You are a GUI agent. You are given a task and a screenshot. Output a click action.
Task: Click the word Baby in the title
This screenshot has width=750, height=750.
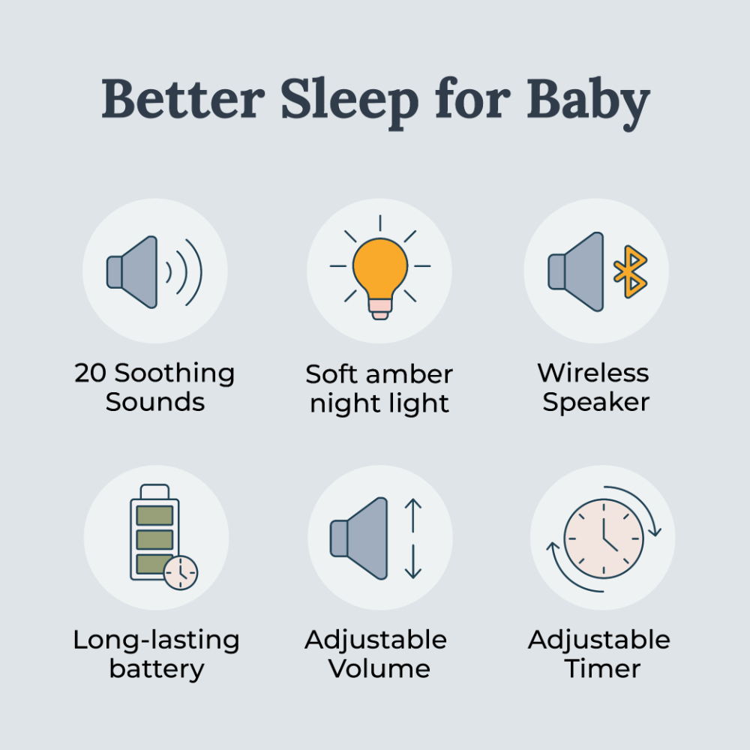588,100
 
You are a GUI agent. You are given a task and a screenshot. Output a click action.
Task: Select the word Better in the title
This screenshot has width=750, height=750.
183,100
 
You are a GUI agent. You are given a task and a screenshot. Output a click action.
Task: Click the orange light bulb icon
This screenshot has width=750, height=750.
380,270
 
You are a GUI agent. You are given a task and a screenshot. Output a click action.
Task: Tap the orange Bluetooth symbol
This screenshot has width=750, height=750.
630,271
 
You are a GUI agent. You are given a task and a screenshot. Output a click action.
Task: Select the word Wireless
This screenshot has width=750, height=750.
593,372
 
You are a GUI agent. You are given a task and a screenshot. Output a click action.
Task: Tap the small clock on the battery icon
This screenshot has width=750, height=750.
181,573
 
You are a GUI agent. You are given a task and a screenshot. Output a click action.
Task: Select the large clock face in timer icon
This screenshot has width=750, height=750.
604,539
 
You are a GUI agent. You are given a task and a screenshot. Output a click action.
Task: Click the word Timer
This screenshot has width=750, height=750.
603,668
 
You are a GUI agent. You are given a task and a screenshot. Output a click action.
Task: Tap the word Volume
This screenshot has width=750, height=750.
380,668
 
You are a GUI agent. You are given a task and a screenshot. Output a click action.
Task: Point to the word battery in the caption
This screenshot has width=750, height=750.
156,669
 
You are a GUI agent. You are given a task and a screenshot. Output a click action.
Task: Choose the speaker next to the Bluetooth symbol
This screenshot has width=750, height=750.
577,271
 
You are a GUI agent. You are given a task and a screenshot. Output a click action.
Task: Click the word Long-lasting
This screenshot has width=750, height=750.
156,640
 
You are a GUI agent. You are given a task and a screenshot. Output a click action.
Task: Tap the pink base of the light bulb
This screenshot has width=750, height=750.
380,309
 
